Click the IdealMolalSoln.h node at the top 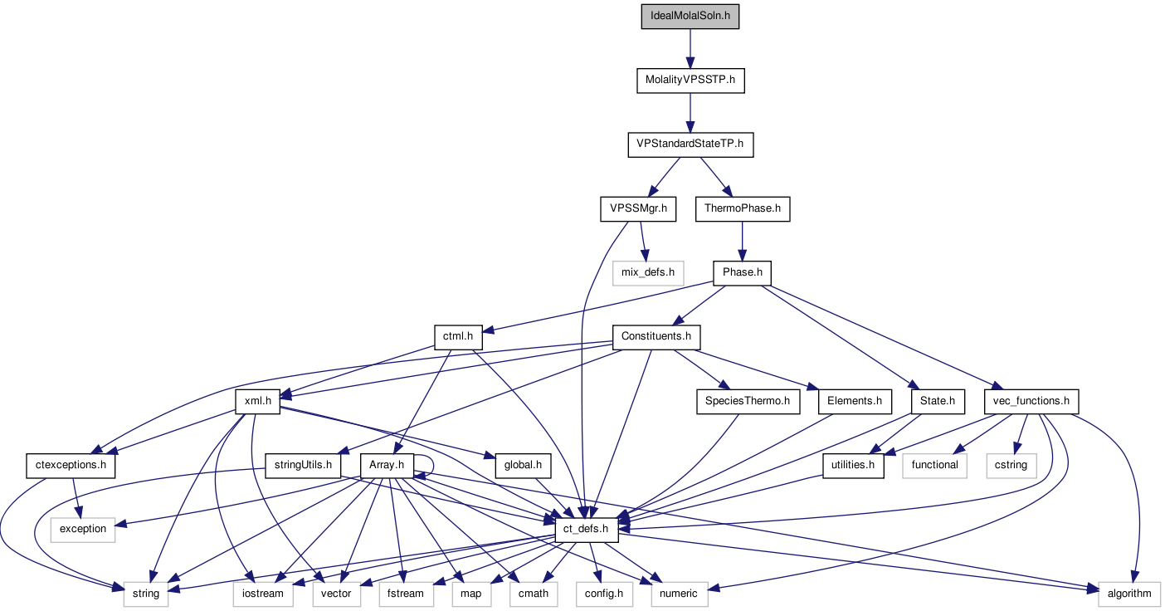coord(690,17)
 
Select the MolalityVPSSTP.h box coord(690,81)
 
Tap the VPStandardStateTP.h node coord(690,144)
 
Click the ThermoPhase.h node coord(743,208)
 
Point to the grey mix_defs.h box coord(648,272)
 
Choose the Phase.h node coord(743,272)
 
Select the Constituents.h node coord(656,336)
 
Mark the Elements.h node coord(855,401)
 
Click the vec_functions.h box coord(1031,401)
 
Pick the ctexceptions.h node coord(71,465)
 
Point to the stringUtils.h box coord(304,465)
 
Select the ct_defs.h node coord(586,529)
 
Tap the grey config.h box coord(604,593)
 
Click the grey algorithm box coord(1129,593)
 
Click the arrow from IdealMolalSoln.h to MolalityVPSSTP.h coord(690,48)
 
